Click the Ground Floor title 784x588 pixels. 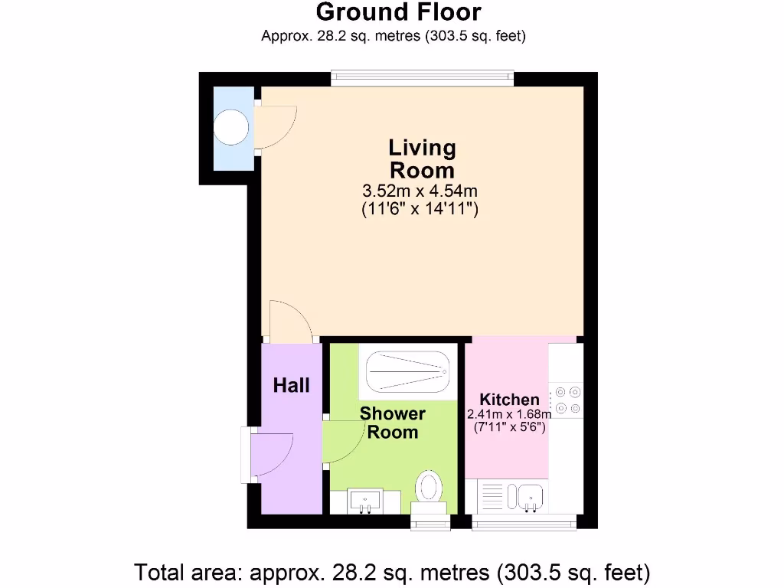click(398, 13)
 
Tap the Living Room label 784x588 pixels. click(422, 158)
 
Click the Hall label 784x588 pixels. click(292, 384)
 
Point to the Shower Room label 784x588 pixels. click(393, 423)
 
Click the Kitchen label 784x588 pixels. click(509, 399)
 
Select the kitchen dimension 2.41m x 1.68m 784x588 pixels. click(509, 414)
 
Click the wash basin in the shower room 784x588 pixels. click(365, 501)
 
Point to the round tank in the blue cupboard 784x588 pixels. click(231, 126)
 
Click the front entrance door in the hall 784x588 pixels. click(269, 455)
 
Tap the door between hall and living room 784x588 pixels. click(289, 322)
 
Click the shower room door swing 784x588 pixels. click(342, 442)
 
